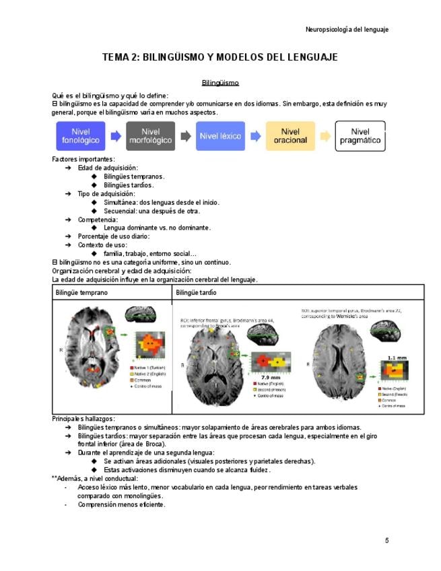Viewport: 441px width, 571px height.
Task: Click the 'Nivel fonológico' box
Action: [x=81, y=136]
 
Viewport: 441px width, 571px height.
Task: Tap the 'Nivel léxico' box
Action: [x=221, y=136]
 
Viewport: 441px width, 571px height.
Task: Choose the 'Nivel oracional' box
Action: [x=290, y=136]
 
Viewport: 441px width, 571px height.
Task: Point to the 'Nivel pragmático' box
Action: [x=360, y=136]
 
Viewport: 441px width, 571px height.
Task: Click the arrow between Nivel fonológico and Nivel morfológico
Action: [x=116, y=136]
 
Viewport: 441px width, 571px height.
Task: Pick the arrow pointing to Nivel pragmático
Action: [x=325, y=136]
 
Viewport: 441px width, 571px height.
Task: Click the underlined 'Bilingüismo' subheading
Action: [x=220, y=83]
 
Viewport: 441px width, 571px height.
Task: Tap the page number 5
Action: [x=386, y=540]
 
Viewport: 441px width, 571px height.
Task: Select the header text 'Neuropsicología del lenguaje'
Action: [x=347, y=30]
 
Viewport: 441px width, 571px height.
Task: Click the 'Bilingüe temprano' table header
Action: [x=81, y=293]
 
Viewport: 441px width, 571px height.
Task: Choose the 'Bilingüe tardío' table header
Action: [x=196, y=293]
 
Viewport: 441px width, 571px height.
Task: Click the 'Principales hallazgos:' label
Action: [x=83, y=419]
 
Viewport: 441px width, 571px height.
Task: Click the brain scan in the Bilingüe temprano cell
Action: [x=91, y=354]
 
